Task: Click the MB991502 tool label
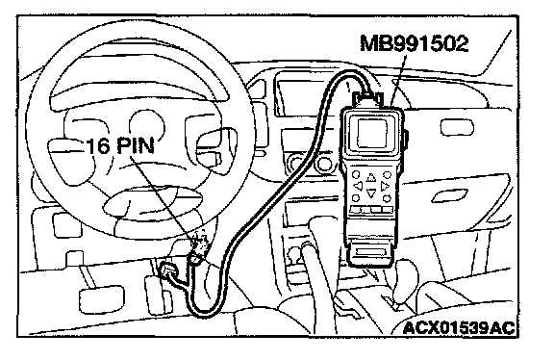pos(415,43)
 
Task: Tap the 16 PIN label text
pos(120,145)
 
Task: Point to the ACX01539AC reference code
pos(459,328)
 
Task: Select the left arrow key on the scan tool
pos(358,186)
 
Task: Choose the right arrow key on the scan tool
pos(385,186)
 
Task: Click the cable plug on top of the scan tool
pos(367,98)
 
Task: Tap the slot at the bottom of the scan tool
pos(370,252)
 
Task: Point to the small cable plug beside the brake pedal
pos(168,270)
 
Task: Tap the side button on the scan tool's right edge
pos(406,140)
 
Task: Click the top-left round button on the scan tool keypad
pos(356,174)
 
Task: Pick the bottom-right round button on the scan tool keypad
pos(387,198)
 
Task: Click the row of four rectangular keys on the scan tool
pos(371,210)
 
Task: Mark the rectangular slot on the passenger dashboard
pos(456,127)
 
